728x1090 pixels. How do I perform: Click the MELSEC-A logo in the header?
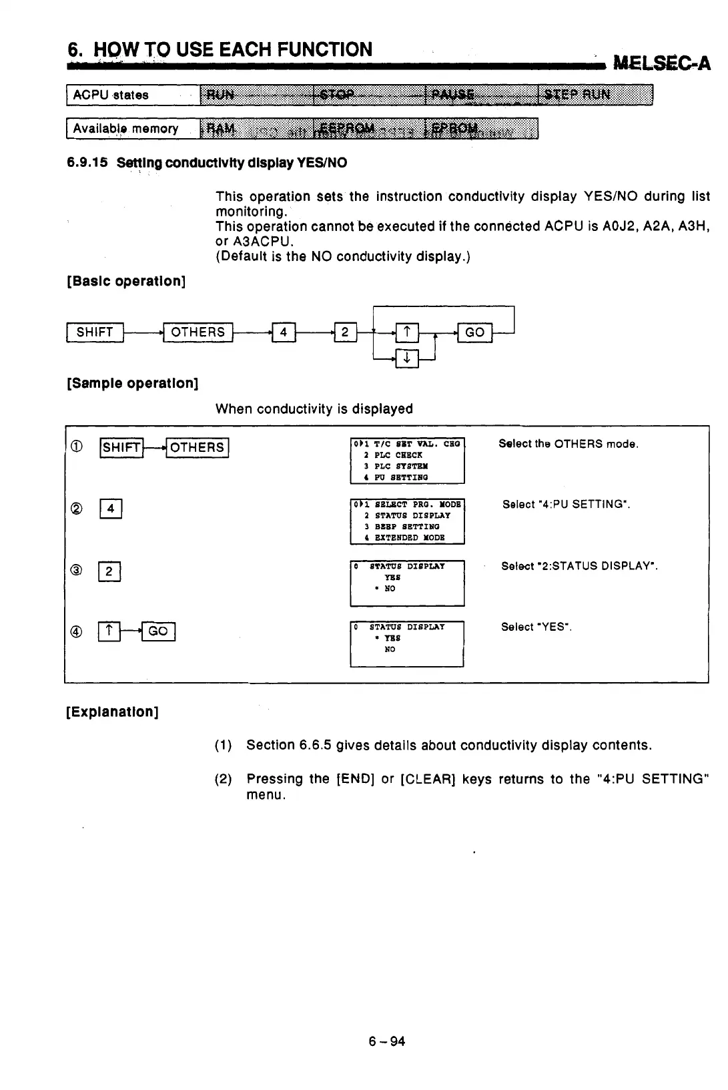pyautogui.click(x=661, y=63)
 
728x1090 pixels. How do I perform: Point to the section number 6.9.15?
pyautogui.click(x=87, y=163)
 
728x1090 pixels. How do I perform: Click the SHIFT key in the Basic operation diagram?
pyautogui.click(x=95, y=332)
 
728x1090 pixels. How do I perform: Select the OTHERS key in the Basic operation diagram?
pyautogui.click(x=198, y=332)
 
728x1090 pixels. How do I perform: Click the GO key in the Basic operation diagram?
pyautogui.click(x=474, y=332)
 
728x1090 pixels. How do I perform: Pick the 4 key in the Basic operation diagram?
pyautogui.click(x=284, y=332)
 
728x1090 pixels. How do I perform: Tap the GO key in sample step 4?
pyautogui.click(x=158, y=631)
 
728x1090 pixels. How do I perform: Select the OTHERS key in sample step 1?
pyautogui.click(x=198, y=447)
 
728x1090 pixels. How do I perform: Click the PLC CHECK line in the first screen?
pyautogui.click(x=398, y=455)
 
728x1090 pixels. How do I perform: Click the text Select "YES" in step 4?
pyautogui.click(x=536, y=627)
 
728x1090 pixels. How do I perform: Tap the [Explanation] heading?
pyautogui.click(x=112, y=712)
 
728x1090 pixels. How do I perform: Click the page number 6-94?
pyautogui.click(x=387, y=1041)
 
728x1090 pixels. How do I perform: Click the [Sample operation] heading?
pyautogui.click(x=132, y=384)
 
